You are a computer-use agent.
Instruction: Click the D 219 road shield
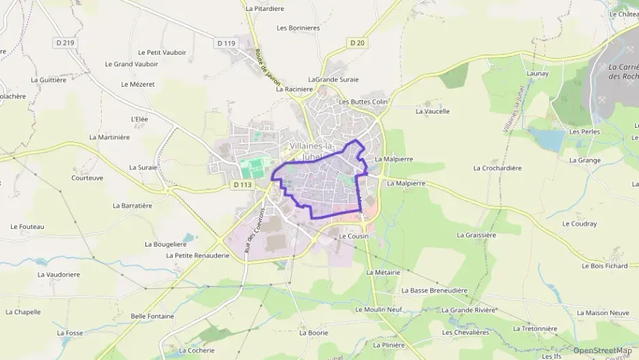pyautogui.click(x=65, y=42)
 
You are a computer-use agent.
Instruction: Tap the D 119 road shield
pyautogui.click(x=227, y=43)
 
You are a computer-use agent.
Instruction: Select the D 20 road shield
pyautogui.click(x=357, y=42)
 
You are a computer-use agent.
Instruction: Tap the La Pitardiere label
pyautogui.click(x=264, y=9)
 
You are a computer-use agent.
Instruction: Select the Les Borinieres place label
pyautogui.click(x=298, y=28)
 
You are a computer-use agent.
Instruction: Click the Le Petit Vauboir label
pyautogui.click(x=162, y=52)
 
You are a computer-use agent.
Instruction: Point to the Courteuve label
pyautogui.click(x=87, y=178)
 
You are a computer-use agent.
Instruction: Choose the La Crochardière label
pyautogui.click(x=497, y=168)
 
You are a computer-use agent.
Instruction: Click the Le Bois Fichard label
pyautogui.click(x=604, y=266)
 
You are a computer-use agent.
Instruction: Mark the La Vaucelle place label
pyautogui.click(x=433, y=111)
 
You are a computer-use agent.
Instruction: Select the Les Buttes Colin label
pyautogui.click(x=363, y=102)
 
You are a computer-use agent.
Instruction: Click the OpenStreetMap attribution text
pyautogui.click(x=602, y=350)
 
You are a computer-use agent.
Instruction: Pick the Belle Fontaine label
pyautogui.click(x=152, y=316)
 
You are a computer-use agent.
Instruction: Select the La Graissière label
pyautogui.click(x=476, y=235)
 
